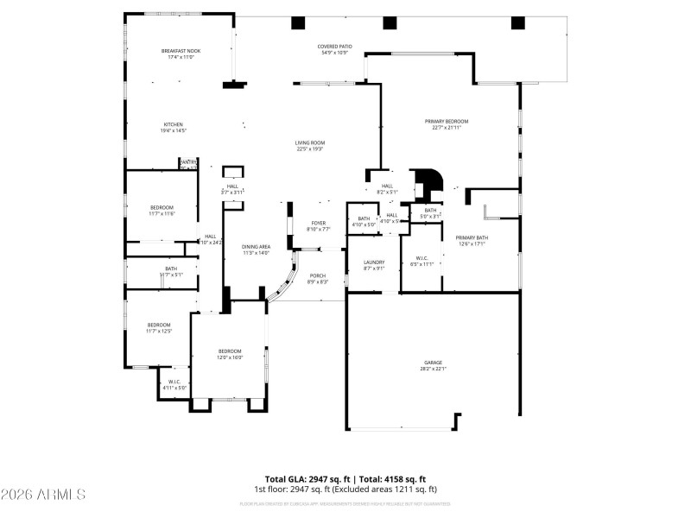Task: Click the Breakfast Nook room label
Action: [x=181, y=54]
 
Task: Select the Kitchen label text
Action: [x=173, y=127]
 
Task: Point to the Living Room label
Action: [x=309, y=146]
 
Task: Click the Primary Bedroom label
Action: [x=446, y=124]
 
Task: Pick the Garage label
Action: [x=433, y=365]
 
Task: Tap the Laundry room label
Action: [x=374, y=265]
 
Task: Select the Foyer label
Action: [x=319, y=226]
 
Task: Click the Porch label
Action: [x=318, y=279]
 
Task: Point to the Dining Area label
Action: [x=256, y=250]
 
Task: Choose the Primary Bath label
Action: [x=472, y=240]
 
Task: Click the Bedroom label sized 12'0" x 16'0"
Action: [x=230, y=354]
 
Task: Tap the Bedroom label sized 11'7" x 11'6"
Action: [x=162, y=210]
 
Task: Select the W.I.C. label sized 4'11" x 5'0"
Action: [x=174, y=384]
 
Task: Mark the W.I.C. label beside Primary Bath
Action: [x=422, y=261]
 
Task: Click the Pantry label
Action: [x=188, y=163]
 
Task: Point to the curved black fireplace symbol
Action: [x=428, y=182]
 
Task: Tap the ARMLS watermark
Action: [x=43, y=495]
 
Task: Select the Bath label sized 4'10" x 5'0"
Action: [x=364, y=221]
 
